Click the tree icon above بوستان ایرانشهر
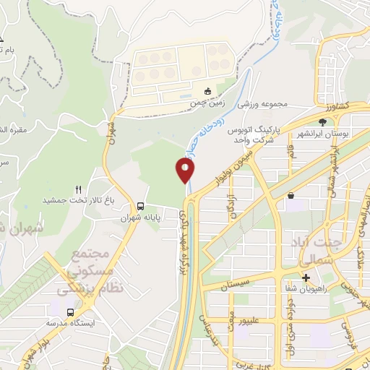(323, 121)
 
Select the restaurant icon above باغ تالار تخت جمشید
(79, 189)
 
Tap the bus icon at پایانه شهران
(139, 205)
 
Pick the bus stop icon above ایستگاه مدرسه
(70, 311)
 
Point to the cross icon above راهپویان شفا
(306, 277)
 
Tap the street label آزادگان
(232, 207)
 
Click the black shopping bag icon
(291, 195)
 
